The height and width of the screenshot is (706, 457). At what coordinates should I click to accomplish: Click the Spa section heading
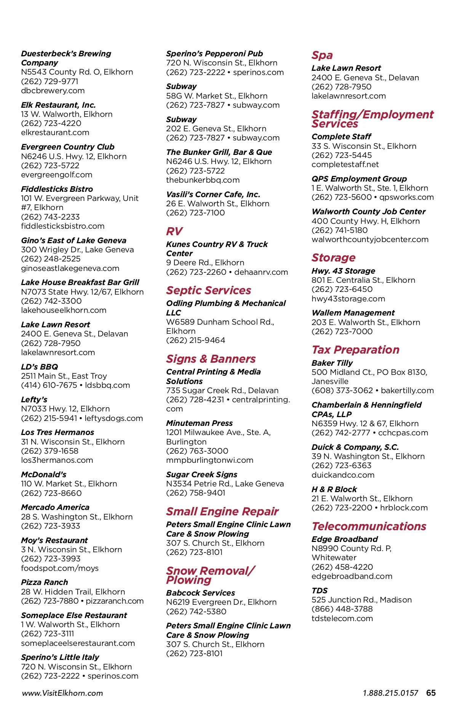click(322, 56)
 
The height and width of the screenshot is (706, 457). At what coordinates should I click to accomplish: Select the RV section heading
click(174, 231)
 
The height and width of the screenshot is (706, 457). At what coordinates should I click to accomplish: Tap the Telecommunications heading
click(369, 526)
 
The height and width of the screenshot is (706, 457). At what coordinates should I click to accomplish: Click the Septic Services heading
click(209, 290)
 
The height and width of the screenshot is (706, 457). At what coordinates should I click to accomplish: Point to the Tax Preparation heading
click(355, 350)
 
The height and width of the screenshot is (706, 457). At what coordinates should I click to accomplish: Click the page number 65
click(431, 693)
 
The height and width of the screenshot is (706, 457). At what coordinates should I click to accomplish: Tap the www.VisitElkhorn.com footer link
click(62, 693)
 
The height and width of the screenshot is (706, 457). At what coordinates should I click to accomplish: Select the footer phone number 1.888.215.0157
click(390, 693)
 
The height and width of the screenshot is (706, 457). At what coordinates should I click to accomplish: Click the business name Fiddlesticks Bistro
click(57, 189)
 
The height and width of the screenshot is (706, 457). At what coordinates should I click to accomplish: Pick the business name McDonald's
click(44, 475)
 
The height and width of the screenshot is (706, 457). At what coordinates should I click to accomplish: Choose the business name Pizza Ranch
click(45, 582)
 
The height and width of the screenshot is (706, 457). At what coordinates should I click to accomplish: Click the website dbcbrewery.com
click(53, 91)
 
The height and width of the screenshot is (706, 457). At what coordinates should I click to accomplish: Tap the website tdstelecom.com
click(342, 618)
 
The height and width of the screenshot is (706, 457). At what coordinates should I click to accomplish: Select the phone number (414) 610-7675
click(49, 385)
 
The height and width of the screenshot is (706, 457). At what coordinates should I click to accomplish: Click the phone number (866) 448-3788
click(342, 609)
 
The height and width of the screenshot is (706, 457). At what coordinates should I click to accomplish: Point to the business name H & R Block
click(334, 489)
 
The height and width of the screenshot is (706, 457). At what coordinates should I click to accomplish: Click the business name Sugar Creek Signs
click(202, 475)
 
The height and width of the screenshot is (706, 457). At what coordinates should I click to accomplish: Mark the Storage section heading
click(333, 258)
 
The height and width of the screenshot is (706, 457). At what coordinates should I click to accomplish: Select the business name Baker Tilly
click(332, 363)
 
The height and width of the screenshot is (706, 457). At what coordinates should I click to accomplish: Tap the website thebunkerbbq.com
click(203, 180)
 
